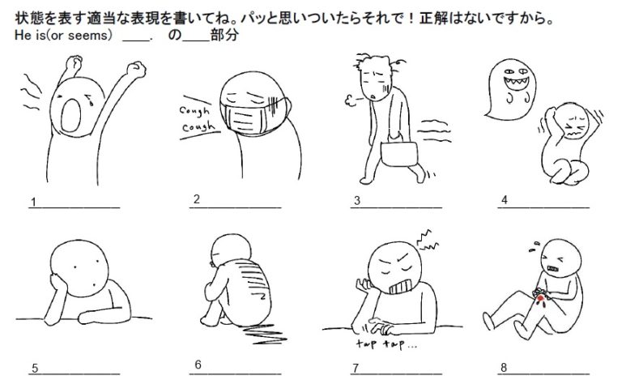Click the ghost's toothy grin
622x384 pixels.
(516, 84)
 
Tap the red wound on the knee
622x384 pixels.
(540, 298)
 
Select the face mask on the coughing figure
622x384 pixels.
(254, 114)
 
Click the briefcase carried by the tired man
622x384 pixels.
(399, 153)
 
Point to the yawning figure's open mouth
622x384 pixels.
(71, 115)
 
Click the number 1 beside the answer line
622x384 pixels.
(34, 203)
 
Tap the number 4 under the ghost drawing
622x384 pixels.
(505, 200)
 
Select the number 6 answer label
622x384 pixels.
(198, 365)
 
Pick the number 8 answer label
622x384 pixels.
(504, 368)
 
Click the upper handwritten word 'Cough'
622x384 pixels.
(194, 111)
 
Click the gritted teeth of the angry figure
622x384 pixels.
(402, 287)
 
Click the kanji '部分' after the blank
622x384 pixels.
(224, 35)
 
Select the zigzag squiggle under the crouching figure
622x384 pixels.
(263, 334)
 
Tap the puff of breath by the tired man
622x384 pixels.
(351, 100)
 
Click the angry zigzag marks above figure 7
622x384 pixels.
(428, 241)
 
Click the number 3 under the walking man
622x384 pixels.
(357, 201)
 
